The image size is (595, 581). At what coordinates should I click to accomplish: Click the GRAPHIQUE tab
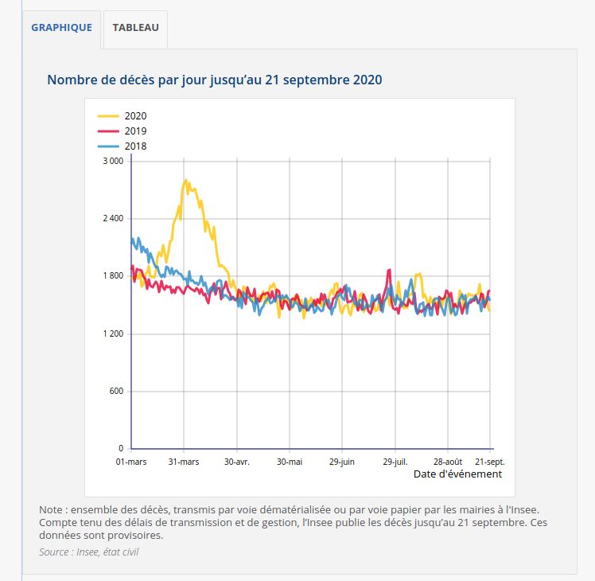point(61,27)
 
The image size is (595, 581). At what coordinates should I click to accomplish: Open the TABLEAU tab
point(135,27)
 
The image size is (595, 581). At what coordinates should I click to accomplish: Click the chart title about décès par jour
point(215,80)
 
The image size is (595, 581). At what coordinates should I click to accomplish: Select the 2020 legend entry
point(135,116)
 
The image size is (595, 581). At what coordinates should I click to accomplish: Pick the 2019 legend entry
point(135,131)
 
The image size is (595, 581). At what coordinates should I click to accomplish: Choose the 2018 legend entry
point(135,146)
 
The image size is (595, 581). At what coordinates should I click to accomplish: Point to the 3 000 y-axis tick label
point(114,161)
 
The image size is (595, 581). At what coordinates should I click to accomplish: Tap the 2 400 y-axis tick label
point(114,218)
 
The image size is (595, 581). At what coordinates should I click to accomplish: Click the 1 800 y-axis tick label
point(114,276)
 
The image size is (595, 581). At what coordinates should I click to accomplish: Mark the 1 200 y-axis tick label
point(114,333)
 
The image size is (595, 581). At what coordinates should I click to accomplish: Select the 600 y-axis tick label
point(117,392)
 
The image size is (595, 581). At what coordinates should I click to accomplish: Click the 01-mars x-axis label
point(131,461)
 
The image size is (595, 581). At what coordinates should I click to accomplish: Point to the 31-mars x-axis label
point(184,461)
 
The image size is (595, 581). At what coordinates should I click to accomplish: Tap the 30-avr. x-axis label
point(237,461)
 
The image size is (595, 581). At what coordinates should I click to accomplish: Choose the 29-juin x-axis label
point(342,461)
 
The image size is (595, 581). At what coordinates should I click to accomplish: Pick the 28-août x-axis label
point(448,461)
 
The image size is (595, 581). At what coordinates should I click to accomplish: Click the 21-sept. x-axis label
point(489,461)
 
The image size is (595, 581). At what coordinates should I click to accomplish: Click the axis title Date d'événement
point(457,474)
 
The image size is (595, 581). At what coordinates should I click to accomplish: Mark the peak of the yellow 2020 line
point(185,180)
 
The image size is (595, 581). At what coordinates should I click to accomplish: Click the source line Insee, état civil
point(88,552)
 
